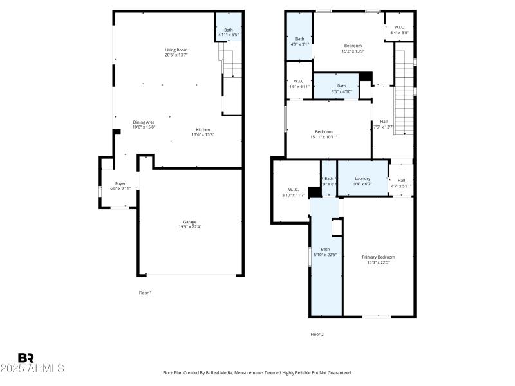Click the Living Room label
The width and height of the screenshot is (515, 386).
tap(176, 50)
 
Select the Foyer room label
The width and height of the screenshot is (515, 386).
tap(120, 183)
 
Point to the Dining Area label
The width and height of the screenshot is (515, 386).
tap(144, 122)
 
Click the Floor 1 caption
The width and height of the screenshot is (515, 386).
tap(145, 293)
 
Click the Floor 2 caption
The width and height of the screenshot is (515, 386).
tap(317, 334)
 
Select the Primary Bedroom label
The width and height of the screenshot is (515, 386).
tap(378, 257)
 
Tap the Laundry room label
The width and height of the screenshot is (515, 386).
tap(362, 178)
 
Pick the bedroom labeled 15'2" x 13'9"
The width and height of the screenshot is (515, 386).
tap(353, 46)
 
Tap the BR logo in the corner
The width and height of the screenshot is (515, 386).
tap(26, 358)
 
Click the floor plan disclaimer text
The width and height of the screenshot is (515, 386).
tap(257, 372)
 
